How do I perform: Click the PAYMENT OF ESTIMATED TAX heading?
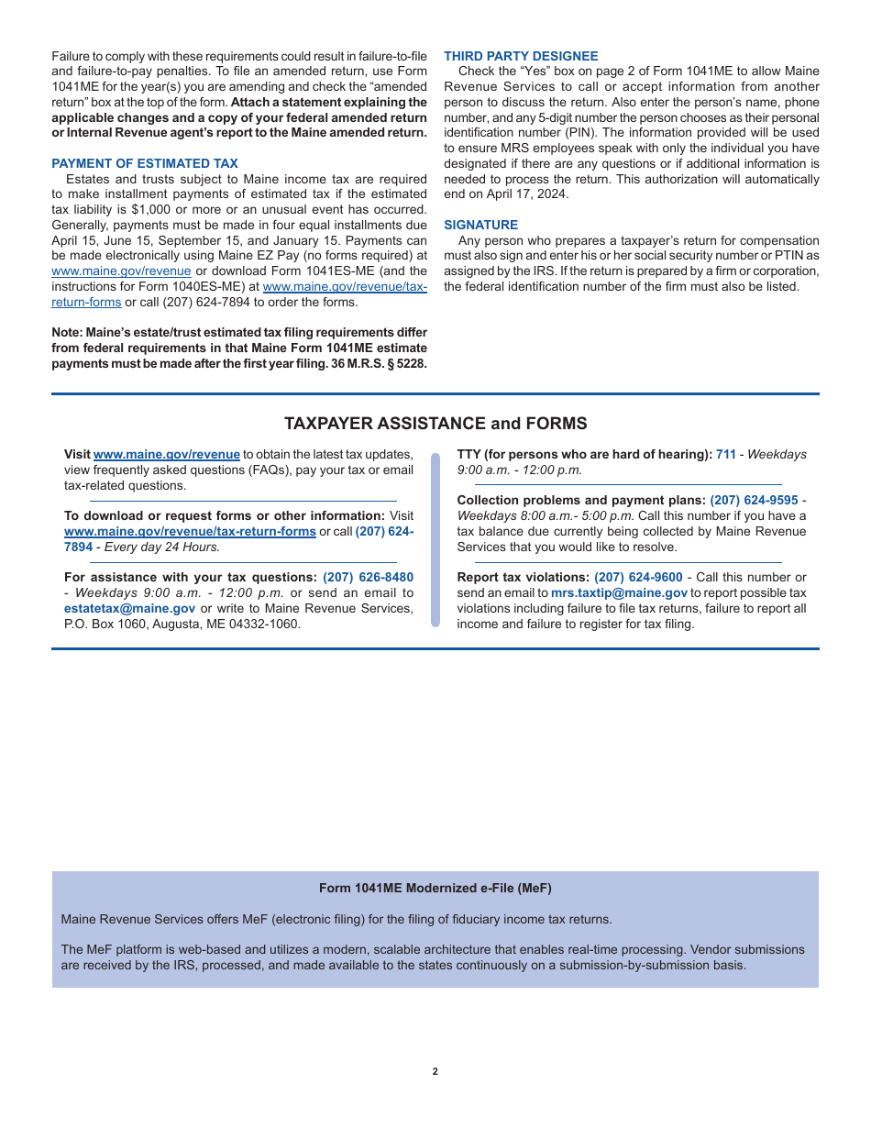[x=145, y=163]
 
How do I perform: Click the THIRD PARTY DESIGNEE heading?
[x=521, y=56]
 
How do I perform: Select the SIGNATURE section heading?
[x=480, y=225]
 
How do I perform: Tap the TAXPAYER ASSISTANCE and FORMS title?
[x=435, y=424]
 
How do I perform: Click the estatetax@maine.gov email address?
[x=129, y=608]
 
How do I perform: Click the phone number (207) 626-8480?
[x=368, y=577]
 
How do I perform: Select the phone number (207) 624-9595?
[x=754, y=500]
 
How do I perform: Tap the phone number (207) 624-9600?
[x=638, y=577]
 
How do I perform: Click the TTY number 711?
[x=725, y=454]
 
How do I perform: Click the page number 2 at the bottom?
[x=435, y=1071]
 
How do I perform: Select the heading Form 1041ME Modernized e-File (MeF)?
[x=435, y=888]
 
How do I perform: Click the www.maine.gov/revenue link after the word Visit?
[x=167, y=454]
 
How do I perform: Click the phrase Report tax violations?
[x=523, y=577]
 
